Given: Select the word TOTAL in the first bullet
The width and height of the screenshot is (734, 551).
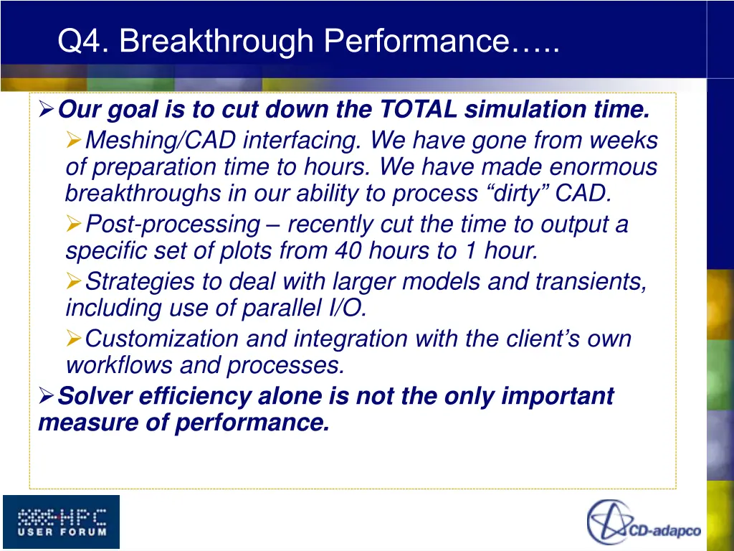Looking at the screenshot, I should point(418,110).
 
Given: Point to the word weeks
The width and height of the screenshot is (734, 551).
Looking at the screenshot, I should point(625,139).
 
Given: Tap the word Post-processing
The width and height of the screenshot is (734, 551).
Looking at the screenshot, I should point(172,225).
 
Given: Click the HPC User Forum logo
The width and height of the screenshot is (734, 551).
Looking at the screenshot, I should point(62,522).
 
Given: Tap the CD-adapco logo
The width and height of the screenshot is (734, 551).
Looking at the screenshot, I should point(644,522).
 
